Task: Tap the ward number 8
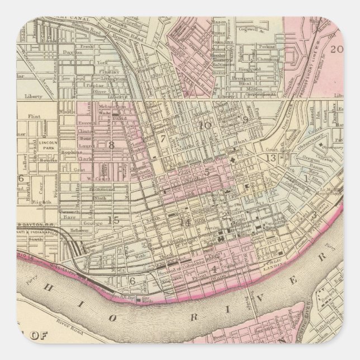[111, 145]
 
